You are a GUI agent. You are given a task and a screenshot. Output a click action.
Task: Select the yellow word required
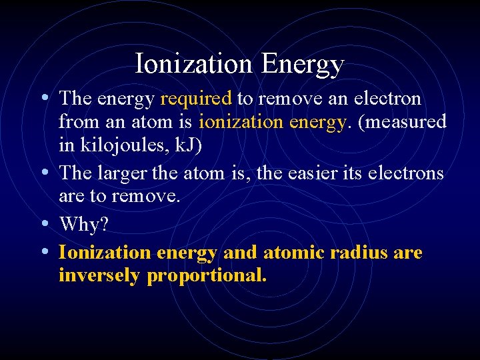point(196,99)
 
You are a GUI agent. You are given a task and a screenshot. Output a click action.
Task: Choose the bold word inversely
point(99,275)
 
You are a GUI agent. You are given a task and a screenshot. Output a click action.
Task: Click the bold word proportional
point(207,275)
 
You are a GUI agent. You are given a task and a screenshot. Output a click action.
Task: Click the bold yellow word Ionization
point(105,253)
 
